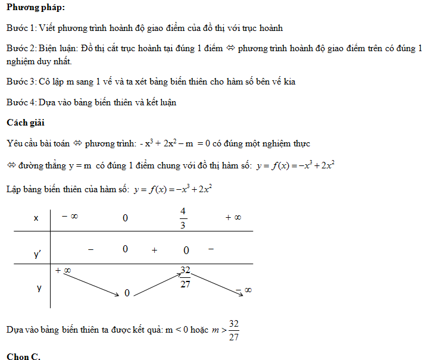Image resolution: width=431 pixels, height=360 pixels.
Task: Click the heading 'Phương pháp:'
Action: pyautogui.click(x=36, y=8)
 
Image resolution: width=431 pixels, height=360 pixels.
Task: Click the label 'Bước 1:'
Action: pyautogui.click(x=21, y=28)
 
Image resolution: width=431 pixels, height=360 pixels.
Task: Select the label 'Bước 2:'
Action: pyautogui.click(x=21, y=48)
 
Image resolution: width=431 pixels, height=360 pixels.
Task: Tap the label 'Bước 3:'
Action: pyautogui.click(x=21, y=82)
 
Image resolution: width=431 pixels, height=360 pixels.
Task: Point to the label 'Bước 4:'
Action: pyautogui.click(x=21, y=102)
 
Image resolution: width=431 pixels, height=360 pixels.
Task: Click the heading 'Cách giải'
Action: pyautogui.click(x=26, y=123)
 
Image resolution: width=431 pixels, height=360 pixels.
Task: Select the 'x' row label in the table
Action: pyautogui.click(x=37, y=218)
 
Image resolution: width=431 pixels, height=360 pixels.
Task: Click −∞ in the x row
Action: pyautogui.click(x=70, y=217)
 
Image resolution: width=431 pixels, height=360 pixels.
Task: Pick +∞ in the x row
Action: pyautogui.click(x=233, y=217)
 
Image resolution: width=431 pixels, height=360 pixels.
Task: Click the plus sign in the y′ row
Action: pyautogui.click(x=154, y=251)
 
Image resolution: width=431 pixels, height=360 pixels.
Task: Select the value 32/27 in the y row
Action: pyautogui.click(x=186, y=277)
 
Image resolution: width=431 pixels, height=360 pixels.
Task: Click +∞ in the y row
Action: pyautogui.click(x=64, y=271)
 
